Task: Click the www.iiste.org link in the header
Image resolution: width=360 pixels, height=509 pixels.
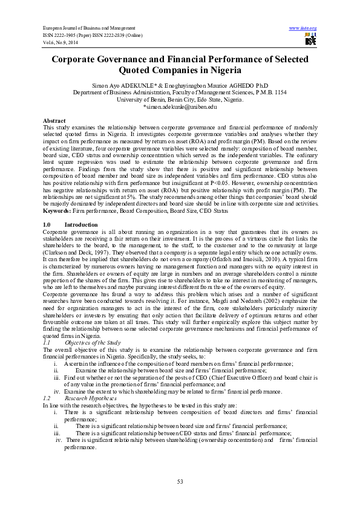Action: (303, 28)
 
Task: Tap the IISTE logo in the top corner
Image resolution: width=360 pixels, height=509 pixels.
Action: (310, 40)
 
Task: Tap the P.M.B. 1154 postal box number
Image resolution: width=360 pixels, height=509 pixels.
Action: (268, 92)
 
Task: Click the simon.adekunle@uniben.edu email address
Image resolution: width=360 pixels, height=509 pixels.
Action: (180, 106)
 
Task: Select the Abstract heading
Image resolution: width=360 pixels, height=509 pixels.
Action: (54, 121)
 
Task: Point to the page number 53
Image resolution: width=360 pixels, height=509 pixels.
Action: (180, 481)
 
